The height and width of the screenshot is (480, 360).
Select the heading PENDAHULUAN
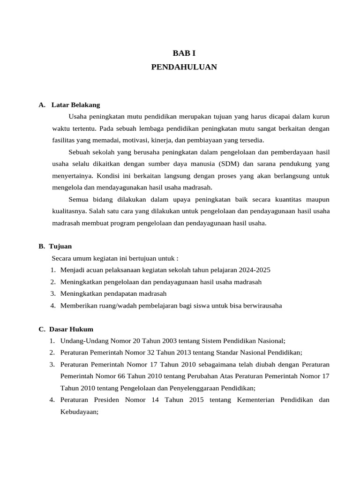coord(184,67)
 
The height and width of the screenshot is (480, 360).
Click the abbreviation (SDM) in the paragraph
coord(228,164)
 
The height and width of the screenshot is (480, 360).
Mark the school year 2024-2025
coord(254,270)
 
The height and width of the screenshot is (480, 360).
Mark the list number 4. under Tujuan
coord(54,306)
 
